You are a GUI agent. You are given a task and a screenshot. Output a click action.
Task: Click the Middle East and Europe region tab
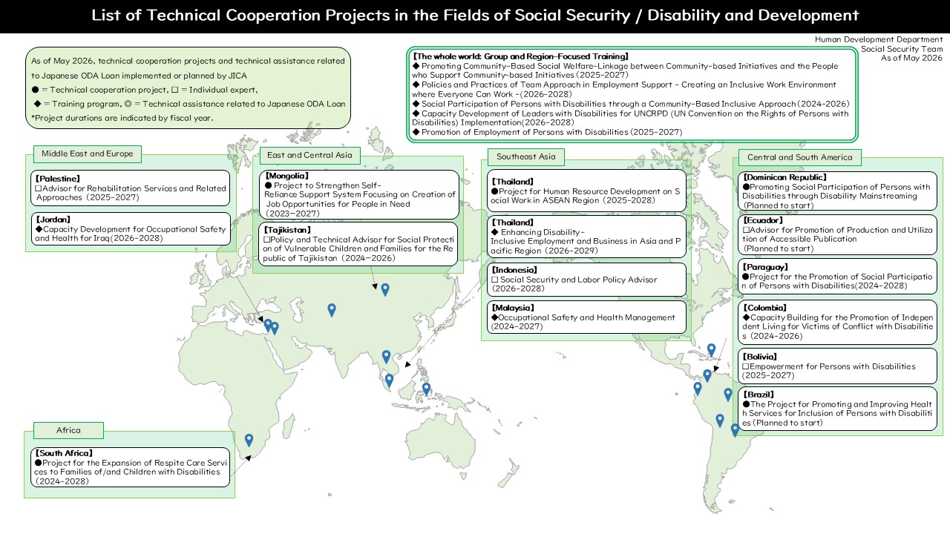click(88, 154)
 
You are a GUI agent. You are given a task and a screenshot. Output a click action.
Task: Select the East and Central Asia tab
click(309, 155)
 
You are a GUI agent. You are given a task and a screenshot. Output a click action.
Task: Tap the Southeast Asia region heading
click(526, 156)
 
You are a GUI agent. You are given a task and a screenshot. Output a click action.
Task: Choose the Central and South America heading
click(799, 157)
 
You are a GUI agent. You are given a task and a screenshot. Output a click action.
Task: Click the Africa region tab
click(68, 430)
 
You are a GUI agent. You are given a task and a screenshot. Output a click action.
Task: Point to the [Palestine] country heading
click(58, 179)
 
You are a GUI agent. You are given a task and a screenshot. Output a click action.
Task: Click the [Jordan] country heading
click(53, 220)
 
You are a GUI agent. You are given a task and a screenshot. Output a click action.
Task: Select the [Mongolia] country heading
click(286, 176)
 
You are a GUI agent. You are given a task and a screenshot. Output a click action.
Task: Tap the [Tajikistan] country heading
click(287, 230)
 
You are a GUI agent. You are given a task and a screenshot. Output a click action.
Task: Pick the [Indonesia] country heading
click(514, 270)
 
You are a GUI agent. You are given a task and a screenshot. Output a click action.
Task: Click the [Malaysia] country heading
click(513, 308)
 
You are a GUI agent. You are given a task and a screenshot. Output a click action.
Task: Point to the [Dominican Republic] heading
click(784, 177)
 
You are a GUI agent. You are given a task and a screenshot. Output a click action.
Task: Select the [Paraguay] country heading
click(765, 267)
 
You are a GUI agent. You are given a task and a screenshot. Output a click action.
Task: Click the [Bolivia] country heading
click(759, 357)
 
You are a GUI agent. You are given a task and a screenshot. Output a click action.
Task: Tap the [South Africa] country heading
click(64, 453)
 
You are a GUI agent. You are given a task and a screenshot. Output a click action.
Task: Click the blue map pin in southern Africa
click(249, 440)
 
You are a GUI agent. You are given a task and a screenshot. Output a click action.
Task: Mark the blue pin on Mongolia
click(385, 289)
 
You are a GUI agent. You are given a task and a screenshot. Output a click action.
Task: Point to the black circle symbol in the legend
click(35, 90)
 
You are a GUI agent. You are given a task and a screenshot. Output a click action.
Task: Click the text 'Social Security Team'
click(902, 49)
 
